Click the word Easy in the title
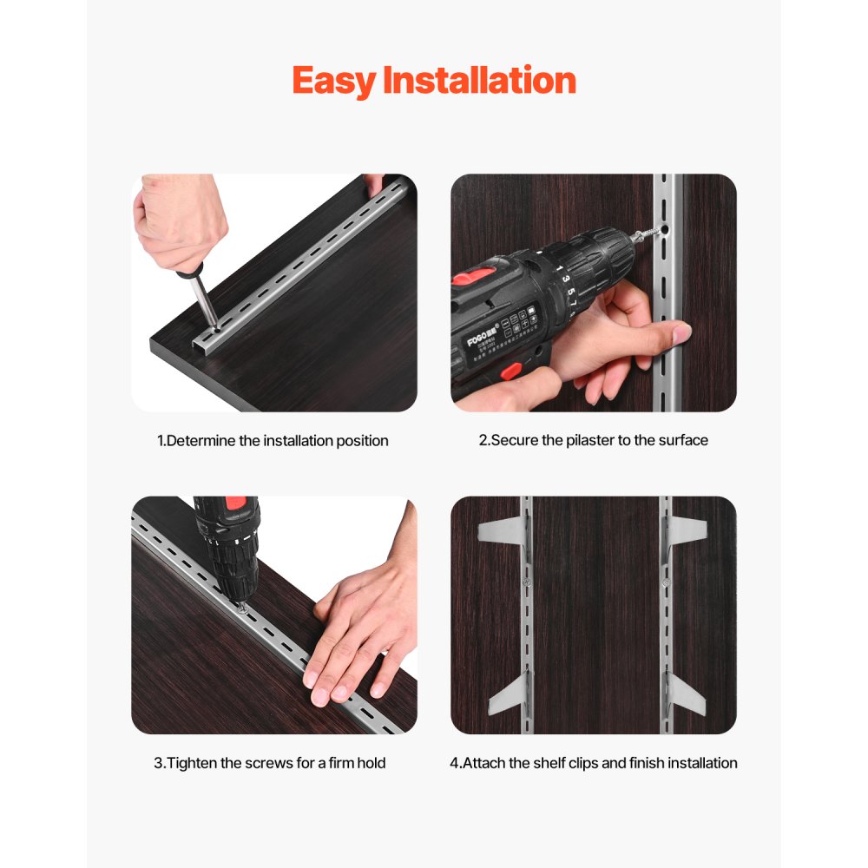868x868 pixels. point(334,81)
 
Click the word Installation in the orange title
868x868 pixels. point(479,81)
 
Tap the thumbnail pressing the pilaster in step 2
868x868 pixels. point(681,331)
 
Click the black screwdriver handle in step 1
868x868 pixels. point(189,274)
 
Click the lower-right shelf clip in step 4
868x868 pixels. point(687,695)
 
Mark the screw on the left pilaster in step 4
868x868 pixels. point(526,582)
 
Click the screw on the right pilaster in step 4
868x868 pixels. point(665,582)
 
